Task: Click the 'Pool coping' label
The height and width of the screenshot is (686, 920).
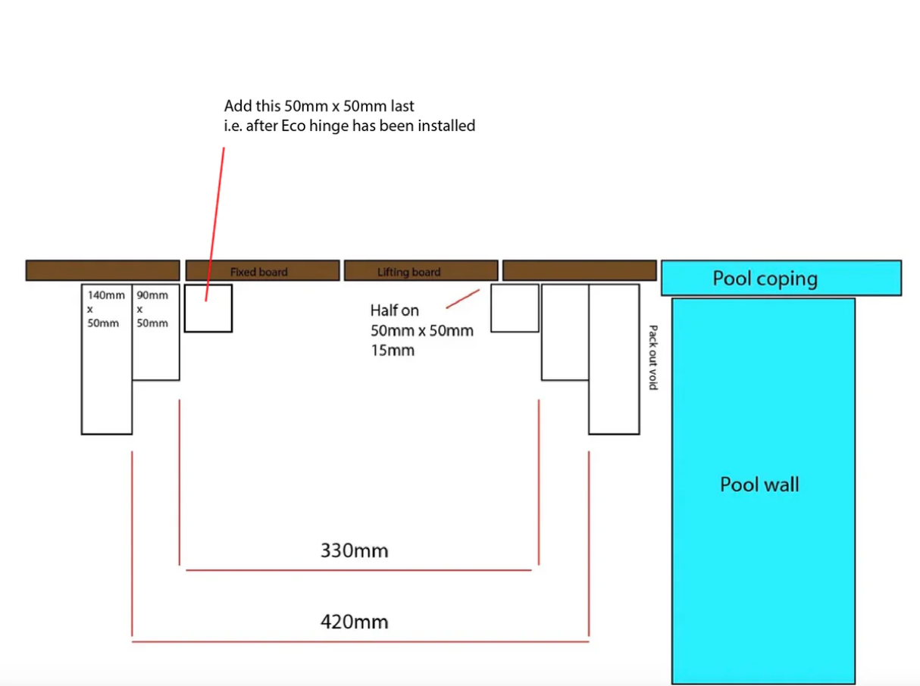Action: click(765, 279)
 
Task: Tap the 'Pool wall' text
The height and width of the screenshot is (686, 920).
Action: click(759, 485)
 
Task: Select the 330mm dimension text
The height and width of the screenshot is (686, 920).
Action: click(354, 550)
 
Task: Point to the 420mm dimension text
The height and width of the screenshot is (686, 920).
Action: click(354, 622)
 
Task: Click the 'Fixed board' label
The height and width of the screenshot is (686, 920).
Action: click(259, 272)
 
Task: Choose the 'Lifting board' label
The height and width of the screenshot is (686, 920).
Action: click(408, 272)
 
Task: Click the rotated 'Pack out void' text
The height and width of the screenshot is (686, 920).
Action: click(652, 357)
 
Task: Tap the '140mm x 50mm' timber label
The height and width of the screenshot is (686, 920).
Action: click(106, 309)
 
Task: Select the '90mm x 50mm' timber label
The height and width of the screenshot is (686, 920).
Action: click(152, 309)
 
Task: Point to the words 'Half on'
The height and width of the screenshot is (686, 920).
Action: click(394, 310)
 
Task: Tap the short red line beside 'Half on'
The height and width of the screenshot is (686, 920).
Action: click(462, 298)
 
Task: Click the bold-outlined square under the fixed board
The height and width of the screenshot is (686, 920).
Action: click(208, 308)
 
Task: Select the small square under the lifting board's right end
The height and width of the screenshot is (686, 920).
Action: click(515, 308)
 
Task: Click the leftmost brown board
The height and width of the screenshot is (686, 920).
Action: click(102, 270)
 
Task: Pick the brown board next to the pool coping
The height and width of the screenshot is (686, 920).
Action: click(579, 270)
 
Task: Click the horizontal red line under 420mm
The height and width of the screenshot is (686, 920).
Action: click(360, 641)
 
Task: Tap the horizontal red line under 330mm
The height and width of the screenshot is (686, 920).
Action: click(358, 570)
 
